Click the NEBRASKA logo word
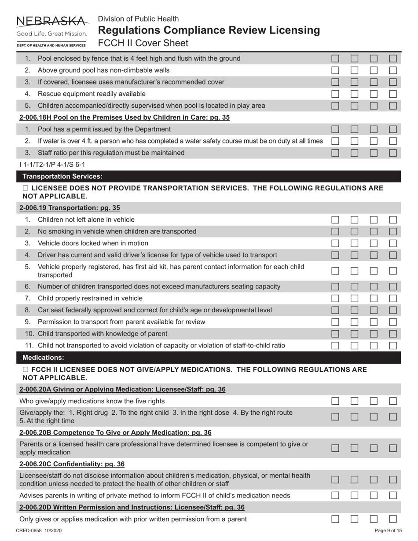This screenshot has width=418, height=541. (51, 21)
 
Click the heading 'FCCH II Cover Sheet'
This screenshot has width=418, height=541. (143, 43)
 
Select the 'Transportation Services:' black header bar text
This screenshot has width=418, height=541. (62, 176)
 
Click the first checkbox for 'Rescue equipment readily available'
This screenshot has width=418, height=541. (335, 94)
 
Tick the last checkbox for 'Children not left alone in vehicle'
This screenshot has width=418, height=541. (393, 219)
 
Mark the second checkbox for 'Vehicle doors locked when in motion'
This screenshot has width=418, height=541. (355, 243)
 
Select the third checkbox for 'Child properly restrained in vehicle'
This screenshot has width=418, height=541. (374, 298)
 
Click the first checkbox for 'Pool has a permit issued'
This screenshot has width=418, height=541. (335, 129)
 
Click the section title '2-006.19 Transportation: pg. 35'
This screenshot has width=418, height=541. (70, 208)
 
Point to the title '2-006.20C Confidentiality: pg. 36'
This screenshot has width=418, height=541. (72, 464)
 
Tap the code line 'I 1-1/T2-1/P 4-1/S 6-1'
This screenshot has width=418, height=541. (52, 164)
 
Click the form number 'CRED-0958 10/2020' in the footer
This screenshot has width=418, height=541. (39, 531)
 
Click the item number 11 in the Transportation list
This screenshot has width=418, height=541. (29, 346)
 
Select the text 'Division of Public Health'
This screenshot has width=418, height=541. (138, 19)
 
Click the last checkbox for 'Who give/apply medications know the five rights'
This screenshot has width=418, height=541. (393, 401)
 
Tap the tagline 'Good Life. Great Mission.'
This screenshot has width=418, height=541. (51, 34)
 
